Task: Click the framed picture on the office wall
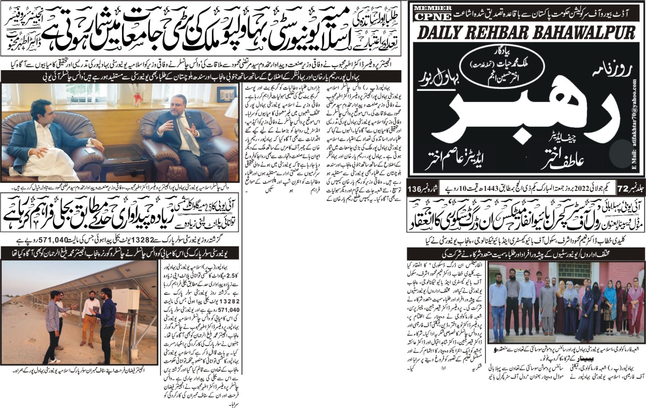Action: click(x=227, y=94)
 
